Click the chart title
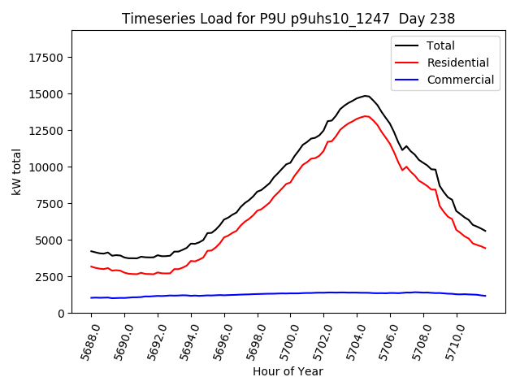click(288, 19)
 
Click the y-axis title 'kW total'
click(17, 171)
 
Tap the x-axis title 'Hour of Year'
click(288, 371)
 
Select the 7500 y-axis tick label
click(51, 204)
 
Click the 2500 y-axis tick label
click(51, 277)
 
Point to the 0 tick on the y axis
click(62, 314)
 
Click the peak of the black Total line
click(366, 96)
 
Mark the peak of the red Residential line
click(366, 116)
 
